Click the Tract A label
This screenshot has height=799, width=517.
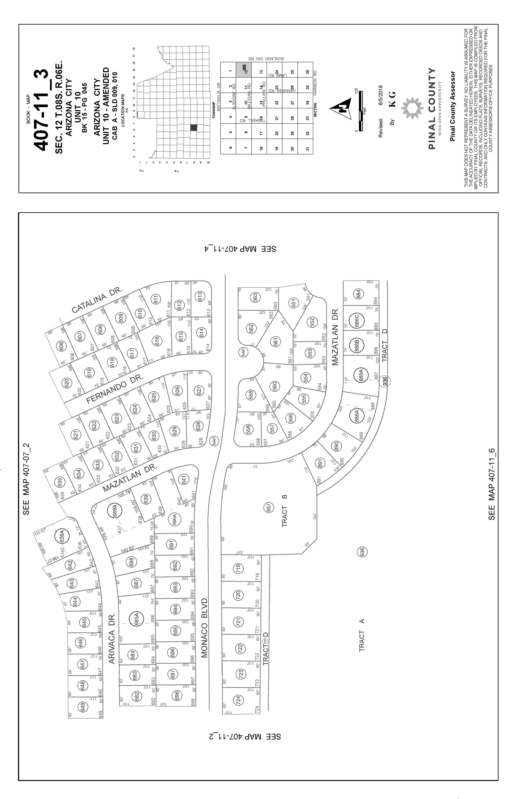coord(362,636)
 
